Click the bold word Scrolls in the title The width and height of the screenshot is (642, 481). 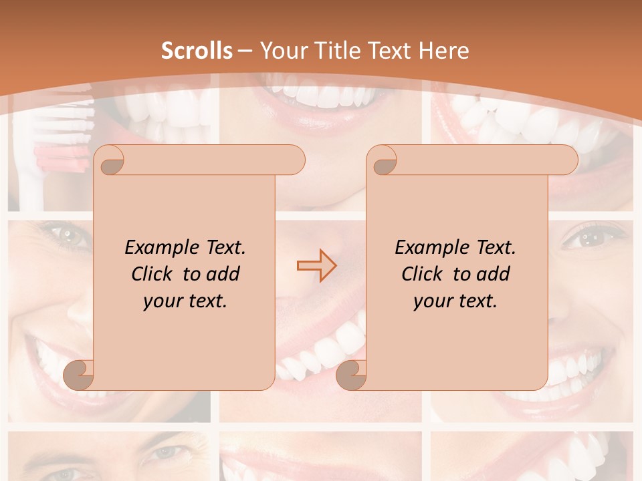[197, 51]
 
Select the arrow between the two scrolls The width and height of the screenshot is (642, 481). [316, 265]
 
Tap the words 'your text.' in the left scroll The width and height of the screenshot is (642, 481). [185, 301]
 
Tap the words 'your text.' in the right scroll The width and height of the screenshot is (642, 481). [455, 301]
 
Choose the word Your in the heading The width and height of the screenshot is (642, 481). [280, 51]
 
